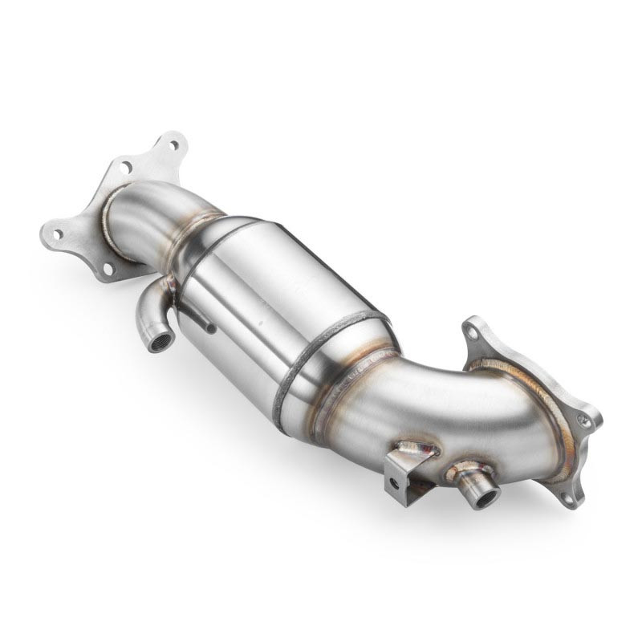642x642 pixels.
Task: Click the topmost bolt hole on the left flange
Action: click(x=174, y=145)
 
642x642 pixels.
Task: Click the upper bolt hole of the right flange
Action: click(x=473, y=331)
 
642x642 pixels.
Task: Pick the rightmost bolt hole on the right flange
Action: click(x=586, y=419)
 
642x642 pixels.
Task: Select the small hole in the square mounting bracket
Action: click(x=392, y=483)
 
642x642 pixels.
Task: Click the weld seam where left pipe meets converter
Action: click(x=193, y=233)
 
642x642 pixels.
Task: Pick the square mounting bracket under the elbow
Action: click(x=401, y=477)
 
